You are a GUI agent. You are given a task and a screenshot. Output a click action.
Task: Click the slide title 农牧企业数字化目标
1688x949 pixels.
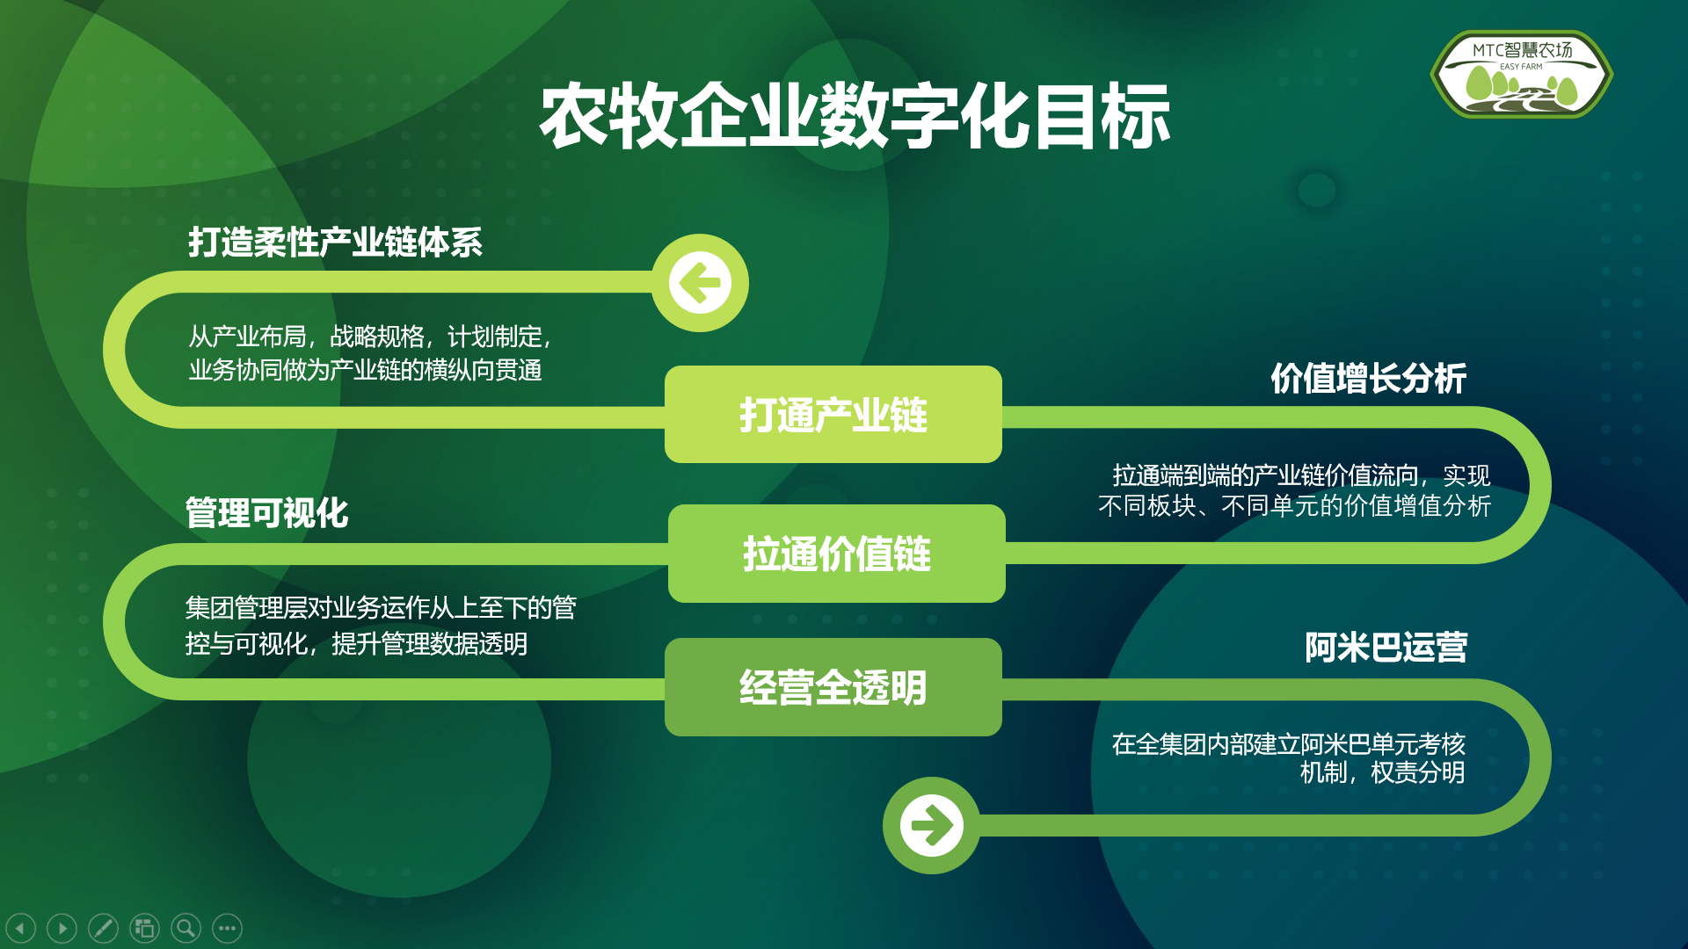click(x=855, y=116)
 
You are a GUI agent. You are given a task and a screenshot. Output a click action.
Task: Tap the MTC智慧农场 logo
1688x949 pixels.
click(x=1522, y=75)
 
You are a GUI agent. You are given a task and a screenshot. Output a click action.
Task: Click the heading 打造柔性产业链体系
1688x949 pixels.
click(x=335, y=243)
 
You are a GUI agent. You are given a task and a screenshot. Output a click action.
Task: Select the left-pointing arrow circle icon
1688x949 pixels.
click(x=700, y=283)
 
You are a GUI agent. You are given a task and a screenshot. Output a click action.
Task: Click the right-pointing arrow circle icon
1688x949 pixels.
click(x=931, y=825)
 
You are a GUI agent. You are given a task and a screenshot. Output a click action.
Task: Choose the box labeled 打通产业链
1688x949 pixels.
click(x=833, y=415)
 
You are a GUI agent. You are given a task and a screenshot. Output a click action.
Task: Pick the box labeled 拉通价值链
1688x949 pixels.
click(x=837, y=554)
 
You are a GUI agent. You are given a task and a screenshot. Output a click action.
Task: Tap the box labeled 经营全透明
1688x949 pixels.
click(x=833, y=687)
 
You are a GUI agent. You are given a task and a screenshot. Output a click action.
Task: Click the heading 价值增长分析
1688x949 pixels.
click(x=1368, y=379)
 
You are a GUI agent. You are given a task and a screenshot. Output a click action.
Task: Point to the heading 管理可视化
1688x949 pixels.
click(x=266, y=513)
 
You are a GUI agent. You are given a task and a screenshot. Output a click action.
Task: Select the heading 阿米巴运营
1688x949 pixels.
click(x=1386, y=648)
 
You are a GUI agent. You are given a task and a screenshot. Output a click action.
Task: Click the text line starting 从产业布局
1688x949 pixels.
click(x=370, y=337)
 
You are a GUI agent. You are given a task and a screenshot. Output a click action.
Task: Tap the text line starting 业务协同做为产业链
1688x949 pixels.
click(x=365, y=370)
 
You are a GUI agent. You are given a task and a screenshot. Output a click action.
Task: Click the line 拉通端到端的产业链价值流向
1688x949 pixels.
click(x=1301, y=475)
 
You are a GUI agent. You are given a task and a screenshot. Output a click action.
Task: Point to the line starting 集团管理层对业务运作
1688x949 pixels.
click(x=381, y=607)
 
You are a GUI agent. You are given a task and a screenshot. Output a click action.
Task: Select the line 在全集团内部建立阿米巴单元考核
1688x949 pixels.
click(x=1288, y=744)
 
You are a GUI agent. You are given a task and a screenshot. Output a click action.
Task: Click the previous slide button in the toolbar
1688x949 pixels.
click(x=20, y=928)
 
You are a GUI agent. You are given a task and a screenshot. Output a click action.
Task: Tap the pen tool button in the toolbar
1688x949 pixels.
click(x=103, y=928)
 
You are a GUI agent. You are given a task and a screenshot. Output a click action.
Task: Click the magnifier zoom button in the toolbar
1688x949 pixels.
click(x=186, y=928)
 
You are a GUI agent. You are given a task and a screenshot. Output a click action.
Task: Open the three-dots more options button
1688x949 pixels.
click(x=227, y=928)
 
